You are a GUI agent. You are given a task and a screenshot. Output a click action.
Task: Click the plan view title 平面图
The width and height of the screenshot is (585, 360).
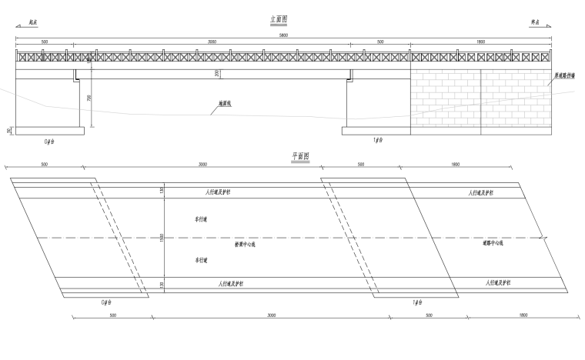click(x=300, y=155)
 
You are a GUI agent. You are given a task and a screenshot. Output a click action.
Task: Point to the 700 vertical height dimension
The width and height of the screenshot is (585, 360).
click(x=89, y=99)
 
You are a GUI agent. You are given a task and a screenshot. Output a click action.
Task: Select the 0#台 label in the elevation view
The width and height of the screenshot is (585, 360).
click(x=51, y=142)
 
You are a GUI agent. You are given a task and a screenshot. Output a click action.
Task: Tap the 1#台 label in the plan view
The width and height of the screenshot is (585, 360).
click(x=419, y=302)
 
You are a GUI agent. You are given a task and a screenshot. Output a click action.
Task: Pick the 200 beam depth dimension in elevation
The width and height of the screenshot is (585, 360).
click(x=217, y=74)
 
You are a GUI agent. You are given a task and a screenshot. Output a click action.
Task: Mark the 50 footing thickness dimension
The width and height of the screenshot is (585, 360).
click(x=10, y=131)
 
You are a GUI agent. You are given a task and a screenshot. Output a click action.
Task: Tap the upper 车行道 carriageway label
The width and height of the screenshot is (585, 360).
click(x=201, y=219)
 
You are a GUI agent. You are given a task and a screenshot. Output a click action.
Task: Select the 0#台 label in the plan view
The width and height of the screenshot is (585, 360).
click(x=106, y=302)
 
